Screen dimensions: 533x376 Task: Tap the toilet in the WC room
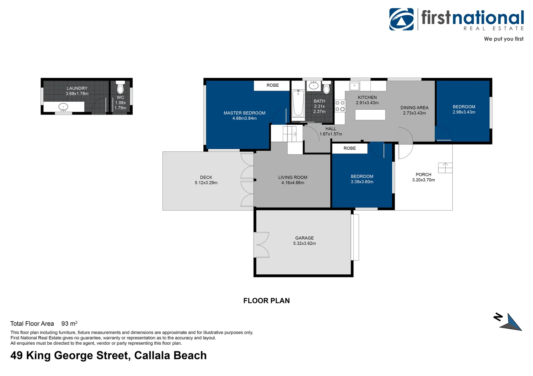click(120, 87)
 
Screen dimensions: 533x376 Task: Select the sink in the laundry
click(63, 107)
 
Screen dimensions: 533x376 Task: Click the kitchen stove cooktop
click(340, 106)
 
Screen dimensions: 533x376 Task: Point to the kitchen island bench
click(370, 115)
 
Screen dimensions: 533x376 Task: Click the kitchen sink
click(354, 86)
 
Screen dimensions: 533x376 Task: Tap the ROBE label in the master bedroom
click(273, 85)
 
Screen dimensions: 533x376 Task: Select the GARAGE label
click(304, 238)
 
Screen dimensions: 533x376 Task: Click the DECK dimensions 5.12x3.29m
click(206, 183)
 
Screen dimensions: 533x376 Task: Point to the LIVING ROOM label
click(293, 178)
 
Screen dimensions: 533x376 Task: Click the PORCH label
click(423, 174)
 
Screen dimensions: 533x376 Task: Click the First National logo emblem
click(401, 19)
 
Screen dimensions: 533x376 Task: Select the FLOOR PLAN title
click(266, 301)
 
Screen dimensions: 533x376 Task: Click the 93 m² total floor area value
click(69, 323)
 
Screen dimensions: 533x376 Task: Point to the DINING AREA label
click(414, 108)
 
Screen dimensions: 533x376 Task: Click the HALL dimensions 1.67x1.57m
click(331, 134)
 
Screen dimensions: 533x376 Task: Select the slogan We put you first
click(504, 39)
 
